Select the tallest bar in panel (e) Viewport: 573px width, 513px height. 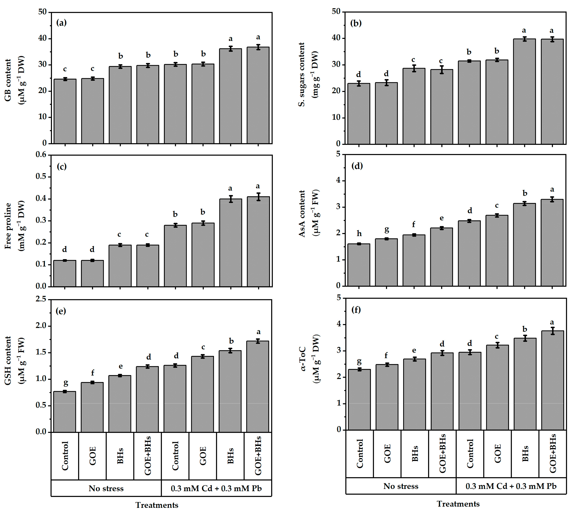tap(258, 386)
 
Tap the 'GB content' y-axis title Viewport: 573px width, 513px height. tap(8, 80)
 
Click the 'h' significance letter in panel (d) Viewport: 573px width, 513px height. tap(359, 233)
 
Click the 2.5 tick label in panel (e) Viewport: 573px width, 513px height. tap(42, 300)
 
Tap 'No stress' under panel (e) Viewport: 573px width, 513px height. tap(106, 488)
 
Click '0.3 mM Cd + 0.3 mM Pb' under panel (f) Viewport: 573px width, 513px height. tap(511, 486)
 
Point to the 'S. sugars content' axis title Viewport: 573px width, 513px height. tap(301, 75)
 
